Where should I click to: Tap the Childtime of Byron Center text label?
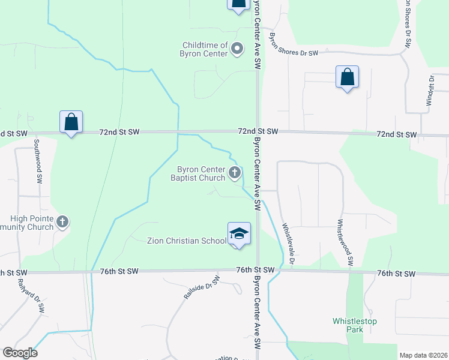click(205, 49)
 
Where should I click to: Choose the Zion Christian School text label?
click(187, 241)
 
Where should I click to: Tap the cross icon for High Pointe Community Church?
click(62, 223)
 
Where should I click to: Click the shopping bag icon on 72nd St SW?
click(71, 122)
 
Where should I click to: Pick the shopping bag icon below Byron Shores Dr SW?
click(347, 77)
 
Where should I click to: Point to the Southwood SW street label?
click(37, 161)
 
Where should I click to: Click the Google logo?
click(20, 353)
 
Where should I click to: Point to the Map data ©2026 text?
click(423, 355)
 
